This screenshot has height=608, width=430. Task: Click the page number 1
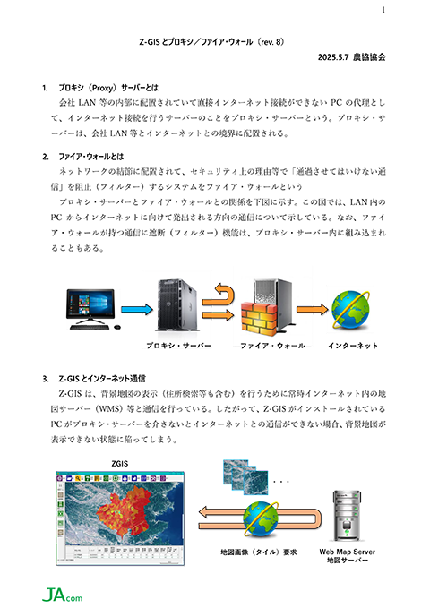coord(383,10)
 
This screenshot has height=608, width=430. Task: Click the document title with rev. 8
coord(212,42)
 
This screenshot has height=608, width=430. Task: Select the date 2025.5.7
coord(333,57)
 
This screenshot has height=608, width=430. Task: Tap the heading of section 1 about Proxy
coord(108,88)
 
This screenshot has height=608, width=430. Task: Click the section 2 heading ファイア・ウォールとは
coord(91,157)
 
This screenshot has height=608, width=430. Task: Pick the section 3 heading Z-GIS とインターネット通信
coord(102,379)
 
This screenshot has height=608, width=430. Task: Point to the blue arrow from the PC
coord(137,310)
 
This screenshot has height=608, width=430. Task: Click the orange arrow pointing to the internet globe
coord(313,310)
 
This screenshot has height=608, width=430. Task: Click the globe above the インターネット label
coord(350,310)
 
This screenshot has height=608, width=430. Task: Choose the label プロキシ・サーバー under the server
coord(179,346)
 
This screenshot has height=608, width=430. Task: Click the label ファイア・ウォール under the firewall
coord(272,346)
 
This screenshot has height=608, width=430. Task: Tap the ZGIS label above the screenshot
coord(119,464)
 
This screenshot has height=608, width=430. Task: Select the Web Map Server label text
coord(348,552)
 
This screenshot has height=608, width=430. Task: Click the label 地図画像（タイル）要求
coord(259,552)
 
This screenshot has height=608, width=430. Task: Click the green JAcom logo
coord(62,595)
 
